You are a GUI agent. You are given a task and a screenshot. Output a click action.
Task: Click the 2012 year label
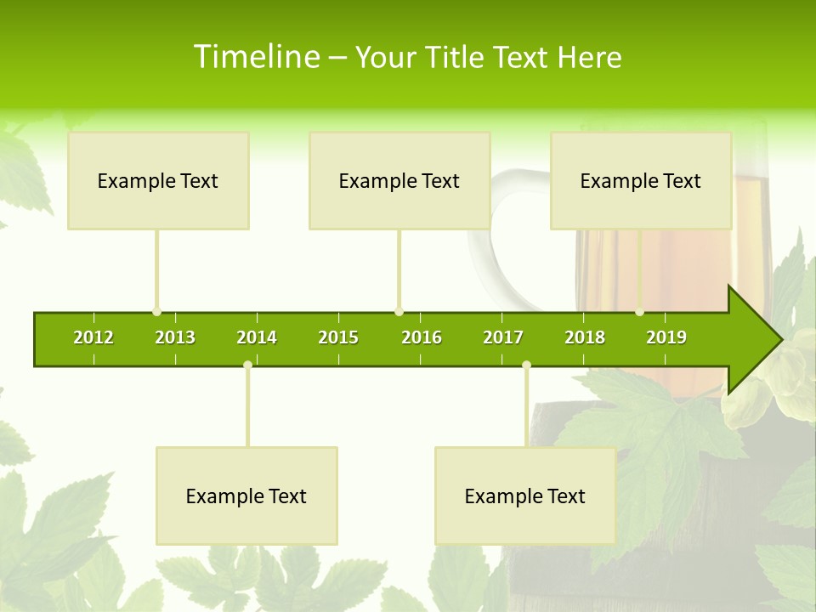tap(93, 337)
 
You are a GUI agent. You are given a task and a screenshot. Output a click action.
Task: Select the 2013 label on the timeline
tap(175, 337)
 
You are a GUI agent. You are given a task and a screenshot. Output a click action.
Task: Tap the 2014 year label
tap(257, 337)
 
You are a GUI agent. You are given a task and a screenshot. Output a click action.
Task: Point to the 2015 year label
tap(338, 337)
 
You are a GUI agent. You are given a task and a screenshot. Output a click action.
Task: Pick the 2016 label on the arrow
tap(422, 337)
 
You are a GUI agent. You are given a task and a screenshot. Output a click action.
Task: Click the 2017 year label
tap(503, 337)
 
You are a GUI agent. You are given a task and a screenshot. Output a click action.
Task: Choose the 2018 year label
tap(585, 337)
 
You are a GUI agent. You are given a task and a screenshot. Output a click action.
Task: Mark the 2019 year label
tap(666, 337)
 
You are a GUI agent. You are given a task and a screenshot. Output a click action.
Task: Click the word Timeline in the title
tap(255, 57)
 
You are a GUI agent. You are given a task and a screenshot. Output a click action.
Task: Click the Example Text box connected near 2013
tap(158, 180)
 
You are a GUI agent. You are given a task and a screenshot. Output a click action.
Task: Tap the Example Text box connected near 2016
tap(399, 180)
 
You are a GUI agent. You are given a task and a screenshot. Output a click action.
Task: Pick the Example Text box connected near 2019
tap(641, 180)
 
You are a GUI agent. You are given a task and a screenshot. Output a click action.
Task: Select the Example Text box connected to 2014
tap(246, 496)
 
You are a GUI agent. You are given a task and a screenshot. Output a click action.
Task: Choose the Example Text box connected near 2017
tap(525, 496)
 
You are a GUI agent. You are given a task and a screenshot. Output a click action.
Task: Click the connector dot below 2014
tap(247, 365)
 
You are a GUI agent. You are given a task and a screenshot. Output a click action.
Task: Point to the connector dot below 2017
tap(526, 365)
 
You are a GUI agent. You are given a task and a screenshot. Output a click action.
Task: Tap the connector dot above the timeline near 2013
tap(156, 312)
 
